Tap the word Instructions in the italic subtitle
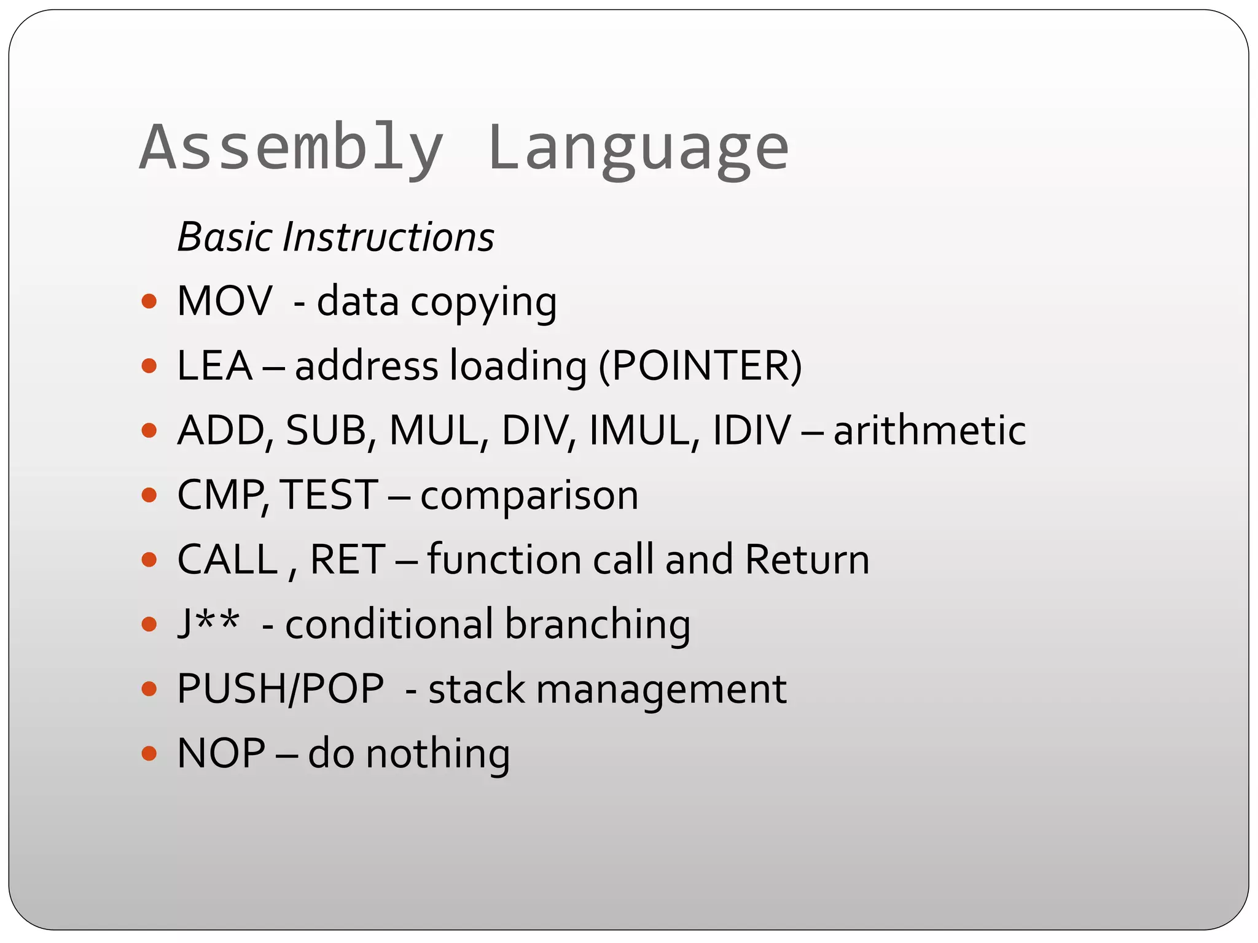click(x=388, y=238)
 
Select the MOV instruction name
click(x=224, y=301)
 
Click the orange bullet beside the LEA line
click(x=149, y=367)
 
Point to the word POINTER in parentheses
click(x=700, y=367)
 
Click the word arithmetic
click(x=929, y=430)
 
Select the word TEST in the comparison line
click(x=329, y=495)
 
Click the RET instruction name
click(x=348, y=559)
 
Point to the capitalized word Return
click(x=807, y=559)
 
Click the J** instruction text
click(x=208, y=624)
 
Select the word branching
click(x=598, y=625)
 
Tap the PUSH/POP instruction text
click(x=280, y=689)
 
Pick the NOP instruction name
click(x=221, y=753)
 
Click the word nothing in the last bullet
click(x=438, y=755)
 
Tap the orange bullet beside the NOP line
click(x=149, y=753)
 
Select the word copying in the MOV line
click(x=483, y=303)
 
